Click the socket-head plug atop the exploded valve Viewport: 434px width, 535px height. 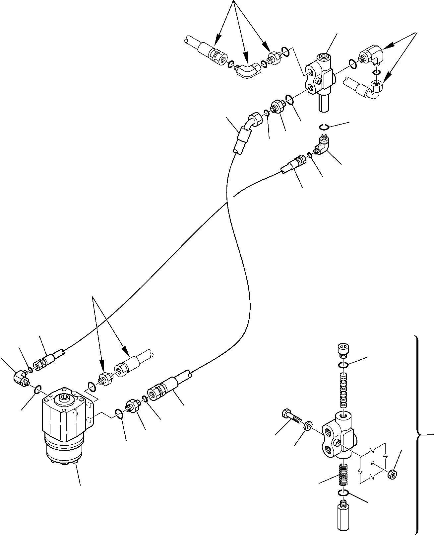click(342, 350)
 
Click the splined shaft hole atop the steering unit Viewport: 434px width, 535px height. click(63, 397)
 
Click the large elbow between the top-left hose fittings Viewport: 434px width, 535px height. click(246, 71)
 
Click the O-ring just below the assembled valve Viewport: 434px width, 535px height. click(324, 127)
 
